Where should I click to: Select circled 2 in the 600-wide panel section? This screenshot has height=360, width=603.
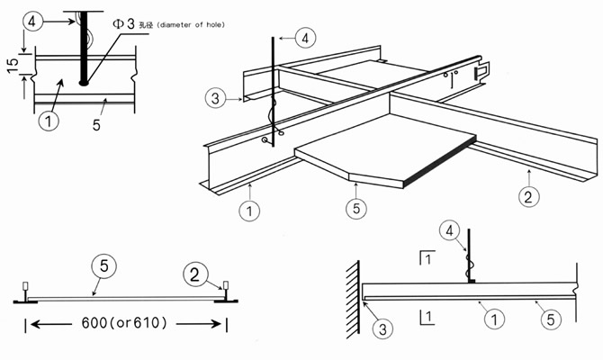pyautogui.click(x=193, y=272)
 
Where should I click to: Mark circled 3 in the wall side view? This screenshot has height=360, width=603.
pyautogui.click(x=381, y=330)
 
